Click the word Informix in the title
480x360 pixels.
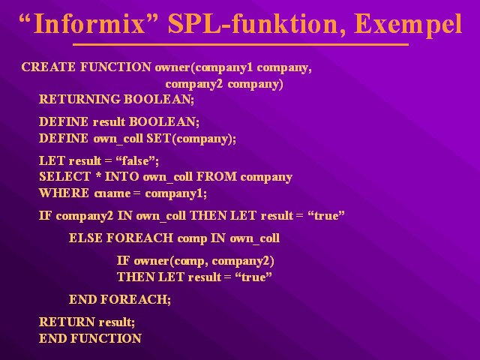88,23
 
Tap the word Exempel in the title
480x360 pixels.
408,25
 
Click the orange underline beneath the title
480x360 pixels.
241,45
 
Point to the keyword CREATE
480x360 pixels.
48,67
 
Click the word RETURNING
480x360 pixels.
79,99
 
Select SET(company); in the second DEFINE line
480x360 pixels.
191,139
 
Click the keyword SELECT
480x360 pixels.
65,177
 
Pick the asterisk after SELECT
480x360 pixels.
98,175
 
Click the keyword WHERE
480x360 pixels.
64,193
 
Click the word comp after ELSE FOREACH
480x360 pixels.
192,239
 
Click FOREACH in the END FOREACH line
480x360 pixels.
136,299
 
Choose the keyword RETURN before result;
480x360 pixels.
67,322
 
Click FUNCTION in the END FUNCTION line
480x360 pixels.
106,338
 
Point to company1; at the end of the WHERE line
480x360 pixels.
176,194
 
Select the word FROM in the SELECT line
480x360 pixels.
217,177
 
